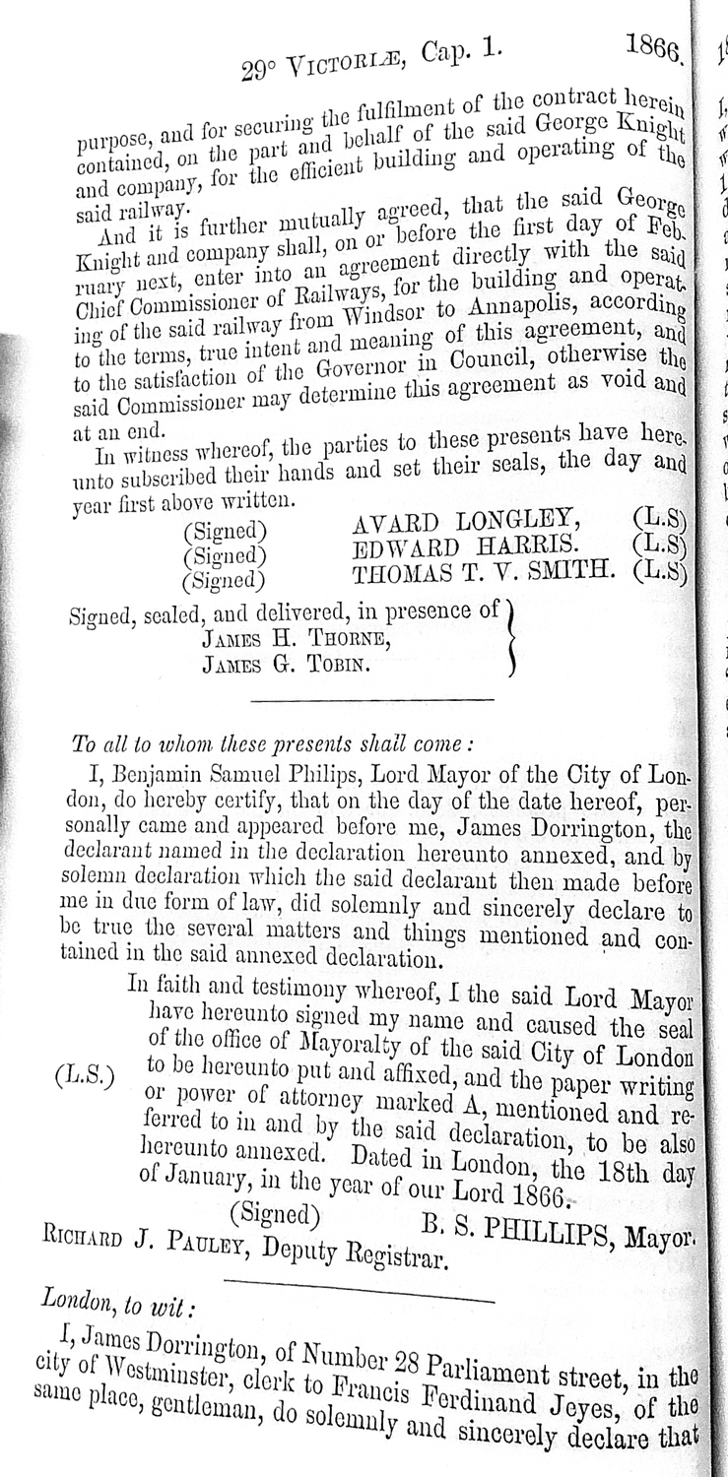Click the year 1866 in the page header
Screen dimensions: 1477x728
653,48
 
